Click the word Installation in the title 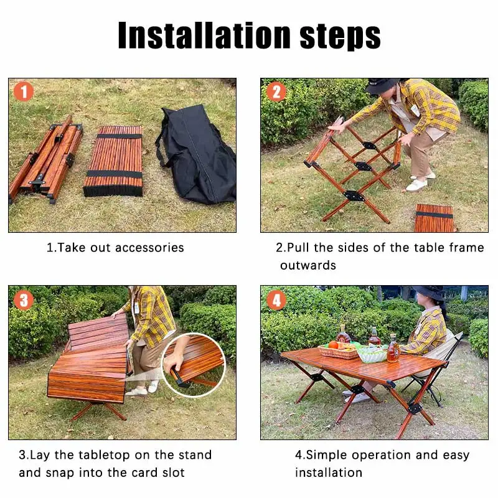tap(204, 35)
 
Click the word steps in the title tap(340, 37)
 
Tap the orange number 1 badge tap(24, 92)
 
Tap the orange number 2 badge tap(276, 92)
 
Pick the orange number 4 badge tap(276, 300)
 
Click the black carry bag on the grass tap(197, 154)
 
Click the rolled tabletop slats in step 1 tap(114, 161)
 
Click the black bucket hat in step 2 tap(383, 85)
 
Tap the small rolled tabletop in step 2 tap(434, 218)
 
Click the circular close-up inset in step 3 tap(194, 365)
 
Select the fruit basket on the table tap(339, 350)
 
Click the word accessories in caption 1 tap(149, 248)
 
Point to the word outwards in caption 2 tap(308, 265)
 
